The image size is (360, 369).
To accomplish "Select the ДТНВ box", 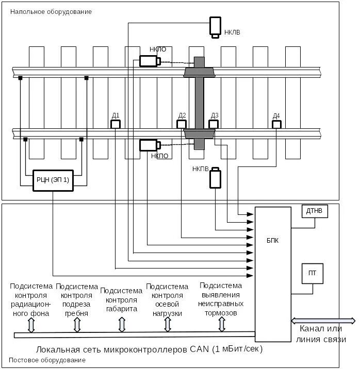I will pos(314,211).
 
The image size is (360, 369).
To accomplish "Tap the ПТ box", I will pos(312,273).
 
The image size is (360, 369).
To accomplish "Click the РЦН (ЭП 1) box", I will pos(53,180).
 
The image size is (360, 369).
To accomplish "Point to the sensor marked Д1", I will pos(116,124).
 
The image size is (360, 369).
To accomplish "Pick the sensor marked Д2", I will pos(182,124).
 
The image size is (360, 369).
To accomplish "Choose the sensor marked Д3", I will pos(214,124).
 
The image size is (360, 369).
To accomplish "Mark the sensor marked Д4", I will pos(277,124).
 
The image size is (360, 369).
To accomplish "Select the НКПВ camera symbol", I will pos(215,178).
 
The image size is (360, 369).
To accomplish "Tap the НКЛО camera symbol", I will pos(150,61).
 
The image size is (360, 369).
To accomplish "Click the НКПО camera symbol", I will pos(150,145).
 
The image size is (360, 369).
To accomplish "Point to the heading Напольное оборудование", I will pos(51,11).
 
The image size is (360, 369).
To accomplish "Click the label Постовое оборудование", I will pos(47,360).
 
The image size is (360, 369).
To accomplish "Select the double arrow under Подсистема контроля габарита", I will pos(122,325).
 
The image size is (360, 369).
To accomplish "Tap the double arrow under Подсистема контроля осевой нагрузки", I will pos(168,325).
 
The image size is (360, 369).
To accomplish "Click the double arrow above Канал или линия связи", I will pos(324,321).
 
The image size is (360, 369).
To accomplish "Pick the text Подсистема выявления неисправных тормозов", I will pos(221,299).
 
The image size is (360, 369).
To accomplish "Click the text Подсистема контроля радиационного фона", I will pos(31,299).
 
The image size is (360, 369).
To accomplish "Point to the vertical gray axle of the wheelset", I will pos(199,103).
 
